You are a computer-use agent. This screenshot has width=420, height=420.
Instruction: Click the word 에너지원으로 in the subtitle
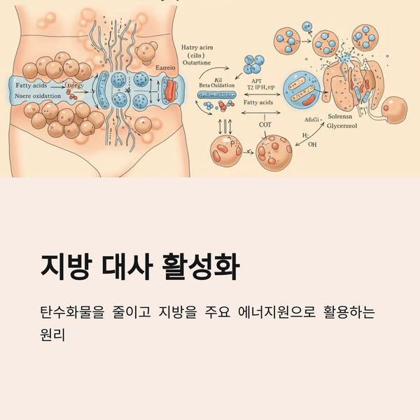pos(279,311)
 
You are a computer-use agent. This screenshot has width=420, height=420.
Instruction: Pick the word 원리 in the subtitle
pos(53,335)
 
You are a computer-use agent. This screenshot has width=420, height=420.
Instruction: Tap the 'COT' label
pos(266,125)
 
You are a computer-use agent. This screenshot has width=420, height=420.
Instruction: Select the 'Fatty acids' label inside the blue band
pos(29,85)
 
